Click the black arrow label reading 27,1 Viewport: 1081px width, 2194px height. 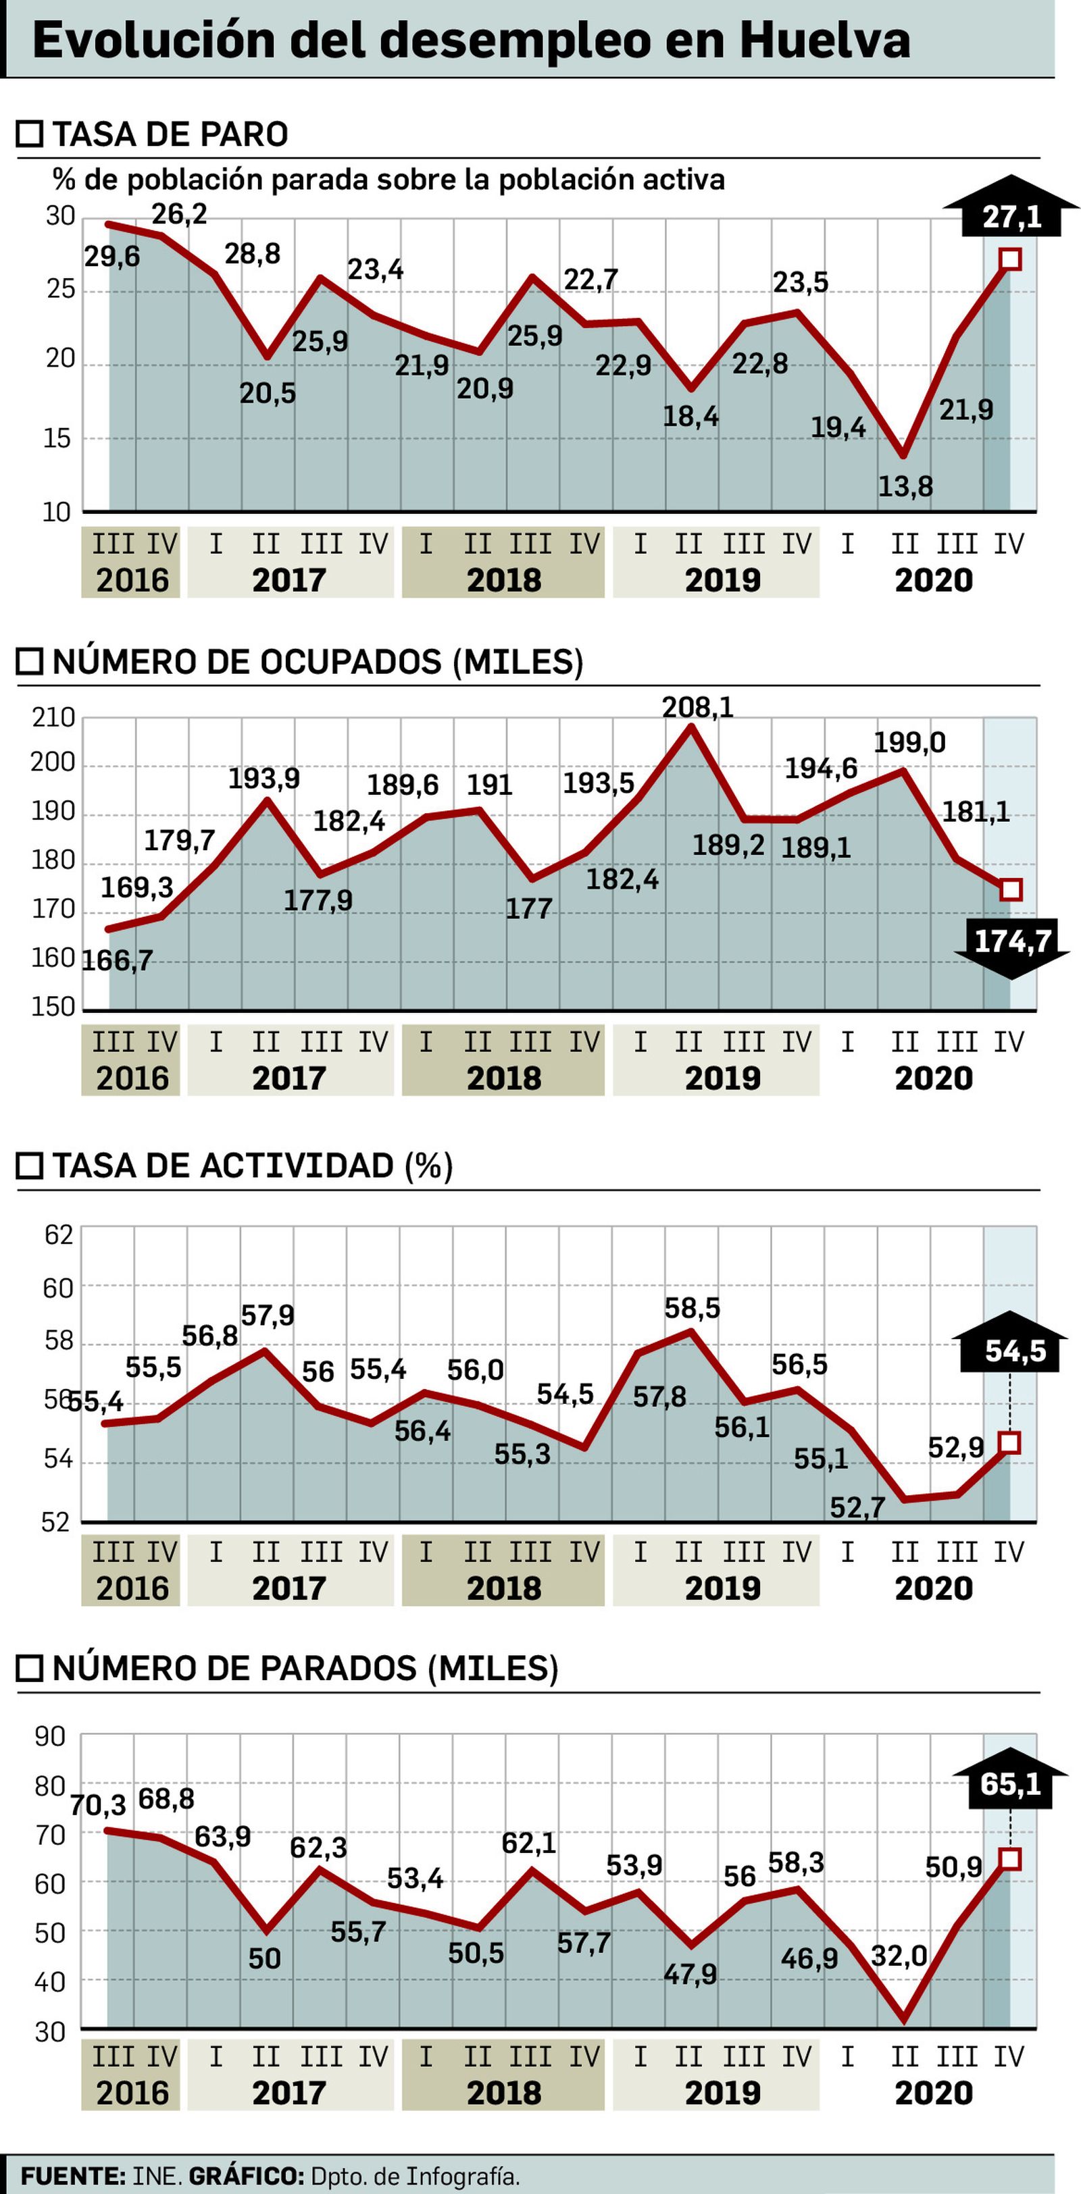click(x=1011, y=216)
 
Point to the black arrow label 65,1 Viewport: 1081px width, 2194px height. click(x=1010, y=1783)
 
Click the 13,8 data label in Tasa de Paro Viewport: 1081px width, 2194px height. click(x=905, y=487)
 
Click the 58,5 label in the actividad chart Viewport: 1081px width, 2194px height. click(x=692, y=1307)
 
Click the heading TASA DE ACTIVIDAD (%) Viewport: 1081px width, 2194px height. click(x=252, y=1166)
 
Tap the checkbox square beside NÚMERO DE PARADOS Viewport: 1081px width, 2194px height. click(x=30, y=1669)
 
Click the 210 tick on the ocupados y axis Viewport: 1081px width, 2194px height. click(x=53, y=717)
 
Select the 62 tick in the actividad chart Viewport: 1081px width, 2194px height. click(x=59, y=1234)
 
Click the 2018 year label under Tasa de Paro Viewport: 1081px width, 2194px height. click(x=503, y=580)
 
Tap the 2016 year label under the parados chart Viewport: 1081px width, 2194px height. click(x=132, y=2093)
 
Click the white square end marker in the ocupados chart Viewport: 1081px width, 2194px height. click(x=1010, y=890)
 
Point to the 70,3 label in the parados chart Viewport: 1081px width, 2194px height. click(x=98, y=1805)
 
